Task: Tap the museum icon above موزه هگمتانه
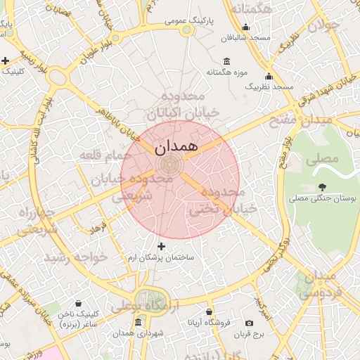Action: [225, 60]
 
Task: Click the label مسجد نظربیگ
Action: [268, 86]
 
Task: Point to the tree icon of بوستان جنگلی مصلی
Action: [323, 187]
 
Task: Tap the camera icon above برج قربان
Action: [249, 323]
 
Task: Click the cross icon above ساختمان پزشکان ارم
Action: [162, 246]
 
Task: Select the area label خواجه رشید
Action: [77, 257]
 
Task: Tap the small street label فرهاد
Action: [96, 229]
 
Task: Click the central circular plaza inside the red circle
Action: [169, 165]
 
